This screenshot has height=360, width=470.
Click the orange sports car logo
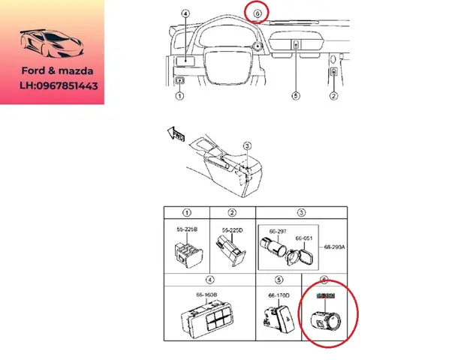[51, 46]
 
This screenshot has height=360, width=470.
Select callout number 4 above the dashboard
[185, 13]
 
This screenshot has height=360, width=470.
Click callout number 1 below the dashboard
[180, 96]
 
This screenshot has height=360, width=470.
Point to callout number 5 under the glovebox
[296, 96]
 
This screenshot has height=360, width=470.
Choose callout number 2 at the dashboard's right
[333, 96]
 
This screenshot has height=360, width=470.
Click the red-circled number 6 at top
[258, 13]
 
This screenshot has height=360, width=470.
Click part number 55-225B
[187, 229]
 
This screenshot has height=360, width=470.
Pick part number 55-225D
[231, 229]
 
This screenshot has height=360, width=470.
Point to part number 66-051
[304, 238]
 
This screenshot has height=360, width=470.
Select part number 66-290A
[335, 246]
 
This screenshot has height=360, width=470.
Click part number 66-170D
[279, 295]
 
